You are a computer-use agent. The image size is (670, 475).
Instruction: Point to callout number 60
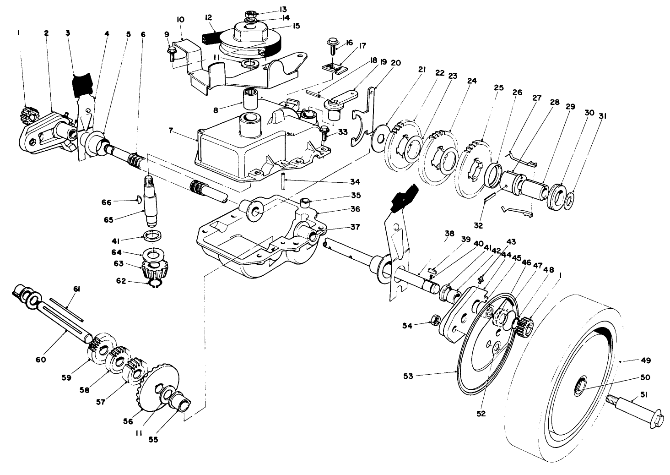tap(41, 359)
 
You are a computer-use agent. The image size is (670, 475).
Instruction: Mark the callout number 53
tap(408, 376)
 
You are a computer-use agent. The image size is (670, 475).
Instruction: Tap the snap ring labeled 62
tap(155, 285)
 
